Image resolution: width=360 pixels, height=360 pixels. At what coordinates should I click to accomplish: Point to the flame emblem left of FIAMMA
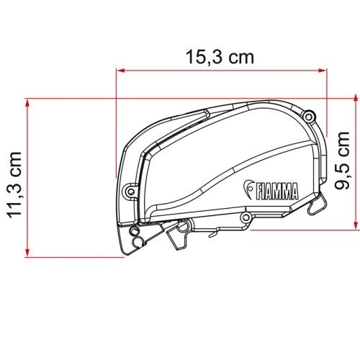pyautogui.click(x=246, y=188)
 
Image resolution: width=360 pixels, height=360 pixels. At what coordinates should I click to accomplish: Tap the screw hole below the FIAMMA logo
pyautogui.click(x=246, y=216)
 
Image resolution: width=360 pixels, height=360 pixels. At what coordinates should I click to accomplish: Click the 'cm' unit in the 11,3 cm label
pyautogui.click(x=15, y=151)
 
